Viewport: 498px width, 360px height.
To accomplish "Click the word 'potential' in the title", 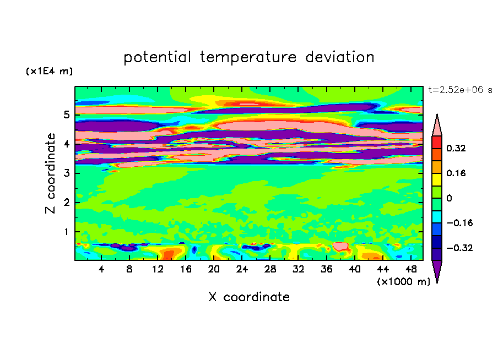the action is [x=158, y=57].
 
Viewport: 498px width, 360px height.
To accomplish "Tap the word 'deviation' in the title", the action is [x=340, y=57].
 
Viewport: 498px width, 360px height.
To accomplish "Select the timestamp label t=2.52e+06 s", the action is [x=460, y=90].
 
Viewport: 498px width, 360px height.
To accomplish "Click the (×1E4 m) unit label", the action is [x=49, y=71].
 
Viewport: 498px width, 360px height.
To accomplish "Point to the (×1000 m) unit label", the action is [x=403, y=282].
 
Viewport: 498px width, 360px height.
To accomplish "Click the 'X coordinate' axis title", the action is [x=249, y=297].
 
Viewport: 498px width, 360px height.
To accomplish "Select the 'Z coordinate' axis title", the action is [x=51, y=173].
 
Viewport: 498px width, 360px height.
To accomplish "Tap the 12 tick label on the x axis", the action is [x=157, y=269].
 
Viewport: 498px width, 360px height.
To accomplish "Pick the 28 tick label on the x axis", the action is [x=270, y=269].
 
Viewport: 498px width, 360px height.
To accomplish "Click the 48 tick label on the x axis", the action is [x=411, y=269].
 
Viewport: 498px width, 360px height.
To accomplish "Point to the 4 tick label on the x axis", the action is [x=101, y=269].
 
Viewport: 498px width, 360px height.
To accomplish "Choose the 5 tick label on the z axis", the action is [x=66, y=114].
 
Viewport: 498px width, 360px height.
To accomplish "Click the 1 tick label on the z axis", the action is [x=66, y=232].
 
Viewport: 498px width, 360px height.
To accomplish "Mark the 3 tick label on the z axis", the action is [x=66, y=173].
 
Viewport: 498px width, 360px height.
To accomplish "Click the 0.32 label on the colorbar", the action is [x=456, y=148].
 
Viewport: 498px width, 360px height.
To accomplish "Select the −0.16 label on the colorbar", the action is [x=459, y=223].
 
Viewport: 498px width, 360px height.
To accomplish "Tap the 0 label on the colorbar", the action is [x=449, y=198].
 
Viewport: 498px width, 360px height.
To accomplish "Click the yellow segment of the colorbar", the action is [x=437, y=179].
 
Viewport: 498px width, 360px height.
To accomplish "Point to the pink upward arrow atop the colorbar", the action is [x=437, y=125].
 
